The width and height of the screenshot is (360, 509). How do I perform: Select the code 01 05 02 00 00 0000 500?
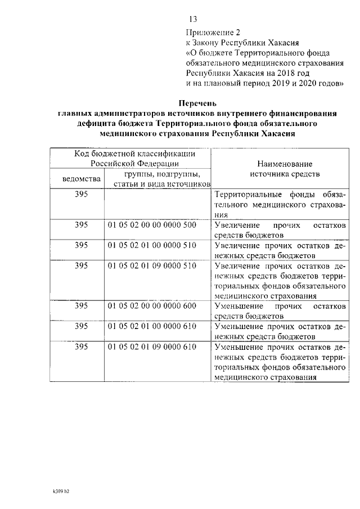(x=151, y=224)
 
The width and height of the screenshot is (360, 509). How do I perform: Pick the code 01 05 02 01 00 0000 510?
(x=151, y=245)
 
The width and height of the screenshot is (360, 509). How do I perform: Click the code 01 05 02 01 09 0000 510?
(x=151, y=265)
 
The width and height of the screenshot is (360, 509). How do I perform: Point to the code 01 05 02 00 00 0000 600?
(x=151, y=306)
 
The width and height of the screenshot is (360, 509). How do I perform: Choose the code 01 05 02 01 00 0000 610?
(x=151, y=326)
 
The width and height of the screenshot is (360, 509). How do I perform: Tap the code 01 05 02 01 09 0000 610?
(x=151, y=346)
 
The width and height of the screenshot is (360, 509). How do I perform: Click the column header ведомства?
(x=82, y=179)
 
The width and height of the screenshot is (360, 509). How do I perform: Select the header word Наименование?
(x=284, y=164)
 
